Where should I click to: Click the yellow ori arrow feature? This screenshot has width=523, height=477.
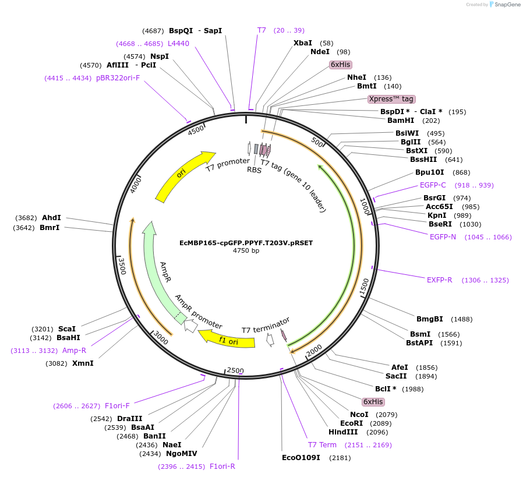tap(183, 176)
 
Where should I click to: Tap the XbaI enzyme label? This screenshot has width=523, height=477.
tap(302, 43)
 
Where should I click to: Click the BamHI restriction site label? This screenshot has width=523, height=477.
tap(401, 121)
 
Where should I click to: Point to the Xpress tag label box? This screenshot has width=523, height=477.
tap(391, 99)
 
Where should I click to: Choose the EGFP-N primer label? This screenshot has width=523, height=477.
tap(443, 236)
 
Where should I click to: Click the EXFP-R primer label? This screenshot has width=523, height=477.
tap(439, 280)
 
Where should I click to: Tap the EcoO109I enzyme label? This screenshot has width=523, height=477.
tap(301, 457)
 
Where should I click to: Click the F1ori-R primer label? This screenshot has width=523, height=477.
tap(222, 466)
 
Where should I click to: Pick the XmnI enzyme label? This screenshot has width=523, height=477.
tap(82, 363)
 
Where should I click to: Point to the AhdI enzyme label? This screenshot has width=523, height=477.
tap(51, 218)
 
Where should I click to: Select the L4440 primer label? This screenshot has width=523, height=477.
tap(178, 44)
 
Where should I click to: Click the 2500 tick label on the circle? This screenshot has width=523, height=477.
tap(235, 370)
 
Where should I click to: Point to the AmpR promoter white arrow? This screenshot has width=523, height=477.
tap(190, 326)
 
